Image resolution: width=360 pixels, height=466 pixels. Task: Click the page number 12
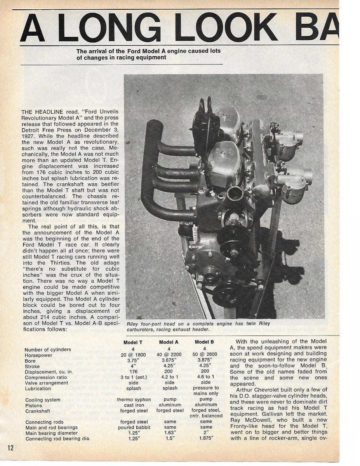coord(10,447)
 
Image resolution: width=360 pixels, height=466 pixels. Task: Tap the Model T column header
coord(133,342)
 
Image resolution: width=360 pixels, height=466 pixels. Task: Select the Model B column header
coord(204,342)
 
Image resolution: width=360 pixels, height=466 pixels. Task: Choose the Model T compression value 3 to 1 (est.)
coord(133,377)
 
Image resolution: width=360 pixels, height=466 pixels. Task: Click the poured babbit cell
coord(133,428)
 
